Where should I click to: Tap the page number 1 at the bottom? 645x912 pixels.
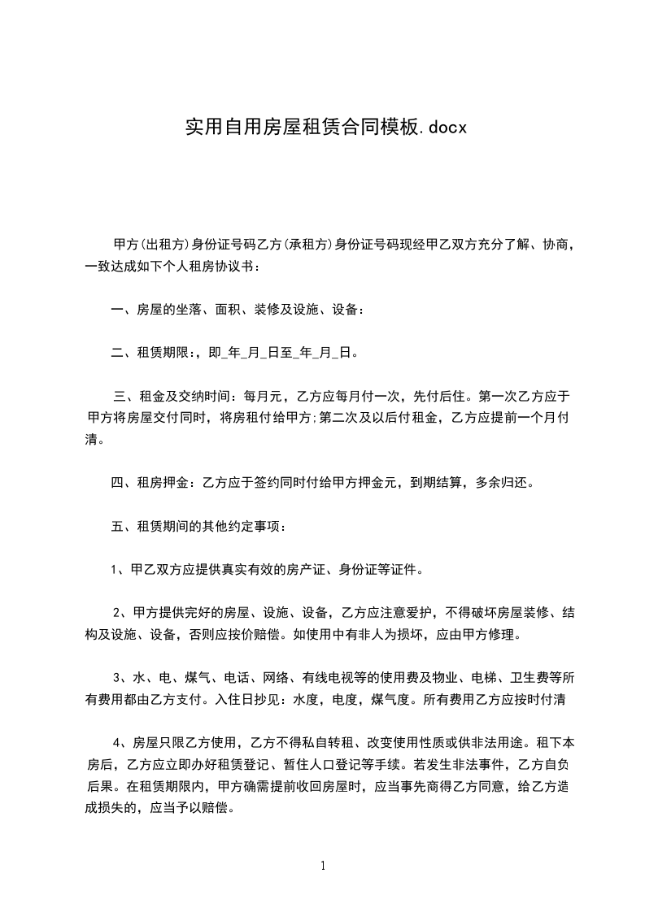323,866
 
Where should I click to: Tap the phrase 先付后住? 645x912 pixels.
438,397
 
